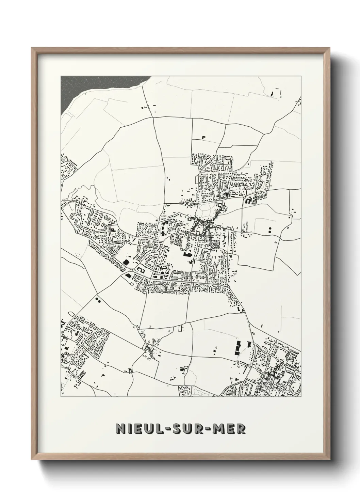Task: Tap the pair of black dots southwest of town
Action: (x=98, y=300)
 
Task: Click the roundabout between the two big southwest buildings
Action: (x=131, y=271)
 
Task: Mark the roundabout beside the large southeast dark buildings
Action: (x=255, y=345)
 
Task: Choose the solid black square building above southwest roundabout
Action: (x=126, y=262)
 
